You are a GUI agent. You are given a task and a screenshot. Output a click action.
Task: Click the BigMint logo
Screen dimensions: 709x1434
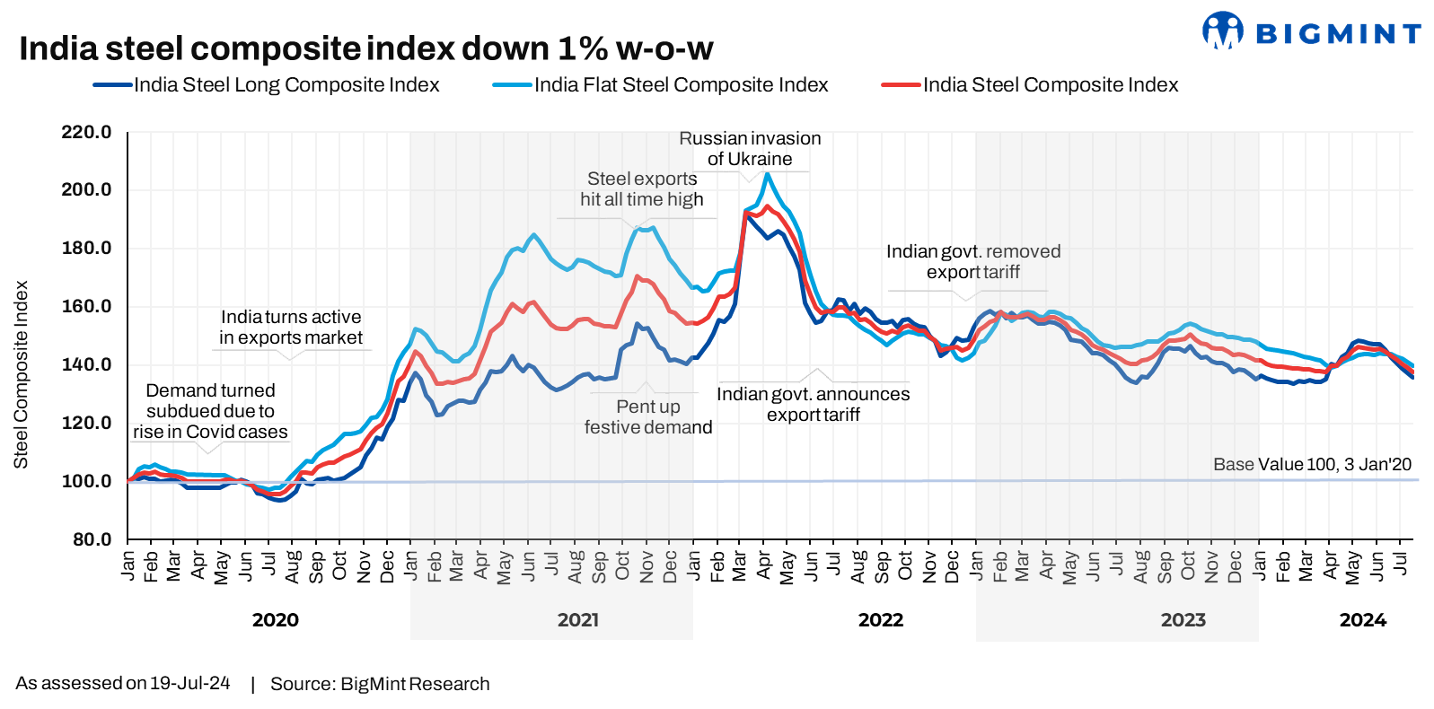(x=1311, y=32)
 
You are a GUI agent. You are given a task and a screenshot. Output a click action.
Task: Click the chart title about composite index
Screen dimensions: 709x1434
(x=365, y=48)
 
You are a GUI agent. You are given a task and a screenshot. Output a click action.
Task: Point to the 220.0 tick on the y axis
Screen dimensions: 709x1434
(x=86, y=133)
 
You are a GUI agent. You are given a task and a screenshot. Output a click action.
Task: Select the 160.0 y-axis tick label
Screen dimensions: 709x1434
(x=86, y=306)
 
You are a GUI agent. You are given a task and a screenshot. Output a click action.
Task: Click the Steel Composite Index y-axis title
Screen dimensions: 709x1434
(x=21, y=375)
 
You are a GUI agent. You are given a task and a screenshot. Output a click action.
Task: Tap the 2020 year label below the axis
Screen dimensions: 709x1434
(x=275, y=620)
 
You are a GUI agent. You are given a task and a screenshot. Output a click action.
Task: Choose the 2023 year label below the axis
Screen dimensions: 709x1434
(x=1183, y=620)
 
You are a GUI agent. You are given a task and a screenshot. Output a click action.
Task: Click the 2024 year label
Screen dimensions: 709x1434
(x=1362, y=620)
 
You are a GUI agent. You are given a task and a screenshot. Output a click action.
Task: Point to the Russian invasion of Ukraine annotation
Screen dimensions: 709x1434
(x=750, y=149)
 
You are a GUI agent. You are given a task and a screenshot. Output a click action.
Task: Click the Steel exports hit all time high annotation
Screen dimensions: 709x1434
(x=641, y=189)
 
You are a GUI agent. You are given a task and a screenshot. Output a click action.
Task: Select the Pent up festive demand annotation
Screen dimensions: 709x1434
(x=647, y=417)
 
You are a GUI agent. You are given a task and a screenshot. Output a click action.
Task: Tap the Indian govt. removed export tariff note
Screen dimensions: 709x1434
(x=973, y=262)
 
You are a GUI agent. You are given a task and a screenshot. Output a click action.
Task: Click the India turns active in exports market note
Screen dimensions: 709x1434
(x=291, y=328)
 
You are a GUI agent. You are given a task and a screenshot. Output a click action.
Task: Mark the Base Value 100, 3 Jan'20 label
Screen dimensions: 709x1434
(x=1312, y=464)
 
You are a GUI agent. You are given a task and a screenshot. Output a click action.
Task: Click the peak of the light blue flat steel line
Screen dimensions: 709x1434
(x=767, y=174)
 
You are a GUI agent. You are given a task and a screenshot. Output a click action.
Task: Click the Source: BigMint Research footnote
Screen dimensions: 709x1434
(x=380, y=684)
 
